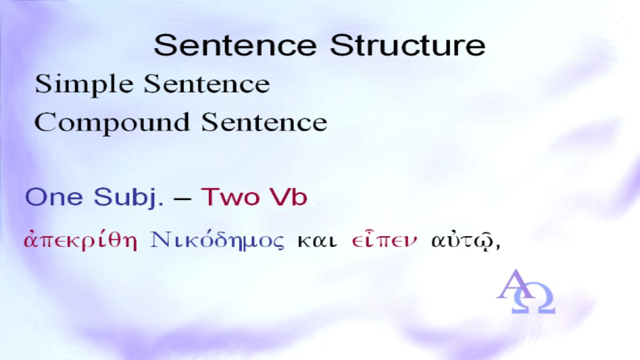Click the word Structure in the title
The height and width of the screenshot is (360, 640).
(x=408, y=46)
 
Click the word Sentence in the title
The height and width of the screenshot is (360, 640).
(x=235, y=46)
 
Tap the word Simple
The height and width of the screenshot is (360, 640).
(x=85, y=85)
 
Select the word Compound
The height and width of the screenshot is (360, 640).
(x=112, y=123)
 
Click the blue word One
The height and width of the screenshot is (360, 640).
(x=54, y=197)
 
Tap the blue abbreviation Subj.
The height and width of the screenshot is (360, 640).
(x=129, y=198)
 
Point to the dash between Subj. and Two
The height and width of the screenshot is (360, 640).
(x=182, y=198)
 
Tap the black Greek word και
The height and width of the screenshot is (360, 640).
(x=317, y=242)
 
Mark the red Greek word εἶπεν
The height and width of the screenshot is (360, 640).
(x=385, y=239)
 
